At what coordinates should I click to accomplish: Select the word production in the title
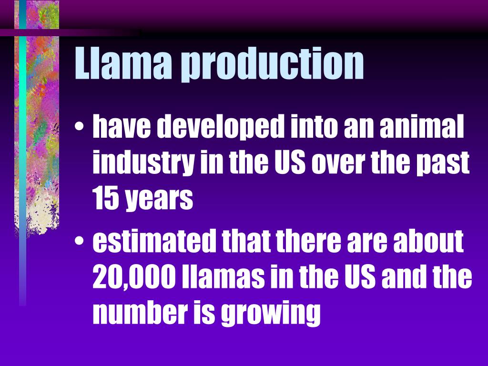point(273,64)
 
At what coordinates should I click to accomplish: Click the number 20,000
point(134,277)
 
